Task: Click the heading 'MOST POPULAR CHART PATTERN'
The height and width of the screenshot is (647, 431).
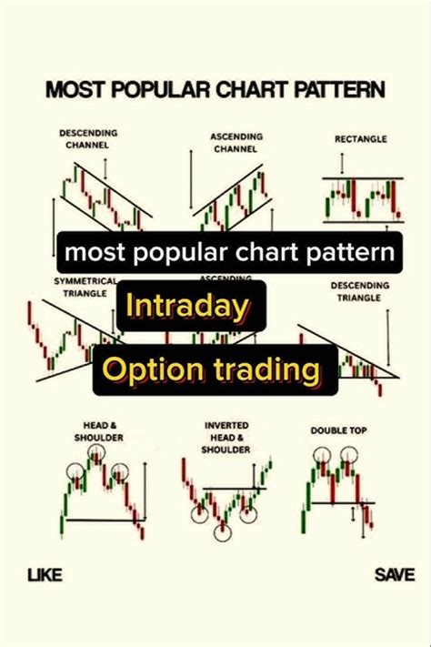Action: tap(215, 89)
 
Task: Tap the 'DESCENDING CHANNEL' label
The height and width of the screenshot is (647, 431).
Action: tap(88, 138)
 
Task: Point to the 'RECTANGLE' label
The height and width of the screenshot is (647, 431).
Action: tap(360, 139)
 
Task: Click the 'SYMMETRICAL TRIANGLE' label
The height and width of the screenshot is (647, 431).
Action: tap(74, 287)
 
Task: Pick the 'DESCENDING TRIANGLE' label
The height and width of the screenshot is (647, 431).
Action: tap(360, 290)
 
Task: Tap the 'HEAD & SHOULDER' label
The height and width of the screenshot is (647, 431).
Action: tap(99, 431)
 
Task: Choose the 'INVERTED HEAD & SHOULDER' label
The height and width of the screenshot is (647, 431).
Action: tap(227, 437)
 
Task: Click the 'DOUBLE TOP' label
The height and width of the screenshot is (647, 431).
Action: tap(339, 430)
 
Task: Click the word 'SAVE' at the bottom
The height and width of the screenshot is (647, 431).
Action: tap(395, 574)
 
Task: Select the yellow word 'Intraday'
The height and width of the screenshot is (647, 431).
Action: tap(186, 307)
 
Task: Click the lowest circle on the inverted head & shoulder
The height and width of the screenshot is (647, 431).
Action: tap(223, 531)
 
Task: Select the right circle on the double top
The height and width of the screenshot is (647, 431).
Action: tap(351, 454)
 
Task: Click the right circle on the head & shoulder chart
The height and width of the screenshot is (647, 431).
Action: tap(119, 472)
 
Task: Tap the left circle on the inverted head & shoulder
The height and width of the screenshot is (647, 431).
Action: tap(199, 514)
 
